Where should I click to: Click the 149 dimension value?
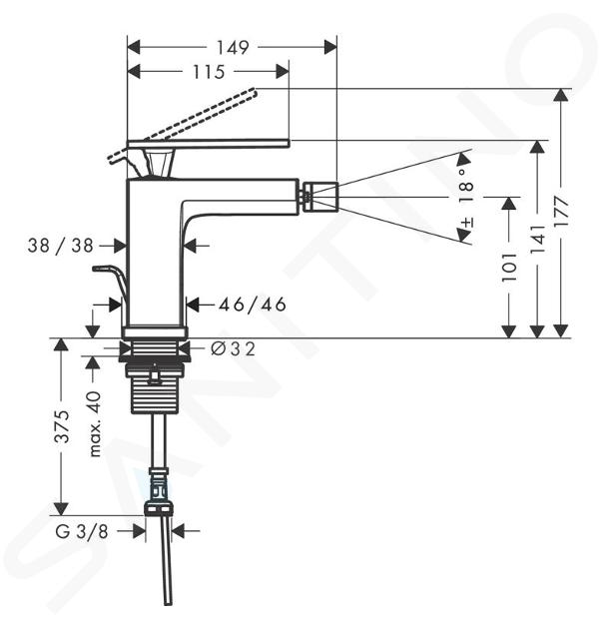tap(233, 47)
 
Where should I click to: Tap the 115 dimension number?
tap(209, 72)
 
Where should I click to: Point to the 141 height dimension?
tap(538, 240)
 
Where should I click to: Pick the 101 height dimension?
tap(509, 268)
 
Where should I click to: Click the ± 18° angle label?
tap(465, 199)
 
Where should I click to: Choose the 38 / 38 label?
tap(61, 246)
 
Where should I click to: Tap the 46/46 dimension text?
tap(253, 305)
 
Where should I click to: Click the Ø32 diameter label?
tap(233, 349)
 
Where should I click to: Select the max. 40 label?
tap(95, 424)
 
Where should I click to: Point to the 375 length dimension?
tap(62, 426)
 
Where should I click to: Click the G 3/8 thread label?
tap(82, 532)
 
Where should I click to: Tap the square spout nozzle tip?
tap(320, 197)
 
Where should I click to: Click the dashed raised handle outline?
tap(182, 125)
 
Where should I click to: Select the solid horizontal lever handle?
tap(208, 144)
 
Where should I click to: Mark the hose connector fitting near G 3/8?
tap(159, 490)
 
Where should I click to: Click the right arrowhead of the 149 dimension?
tap(330, 47)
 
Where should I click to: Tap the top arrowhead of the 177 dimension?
tap(561, 95)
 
